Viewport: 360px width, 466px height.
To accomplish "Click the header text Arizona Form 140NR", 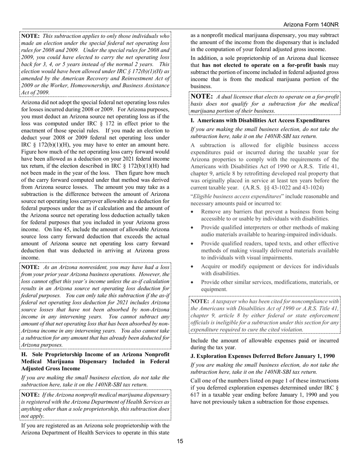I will pos(311,25).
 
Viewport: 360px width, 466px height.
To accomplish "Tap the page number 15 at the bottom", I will pos(180,441).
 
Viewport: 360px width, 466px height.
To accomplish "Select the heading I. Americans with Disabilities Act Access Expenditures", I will pos(260,120).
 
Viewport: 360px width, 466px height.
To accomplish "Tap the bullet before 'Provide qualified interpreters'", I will pos(193,228).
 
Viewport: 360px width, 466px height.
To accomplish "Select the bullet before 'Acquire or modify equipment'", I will pos(193,267).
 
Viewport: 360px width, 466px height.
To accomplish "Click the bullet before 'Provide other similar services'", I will pos(193,283).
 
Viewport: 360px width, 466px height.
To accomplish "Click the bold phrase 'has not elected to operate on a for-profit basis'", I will pos(261,65).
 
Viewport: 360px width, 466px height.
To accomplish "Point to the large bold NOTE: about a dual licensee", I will pos(202,96).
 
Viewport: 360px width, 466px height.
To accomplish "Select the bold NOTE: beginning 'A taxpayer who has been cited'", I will pos(200,301).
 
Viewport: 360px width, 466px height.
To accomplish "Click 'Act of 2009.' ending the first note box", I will pos(35,92).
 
